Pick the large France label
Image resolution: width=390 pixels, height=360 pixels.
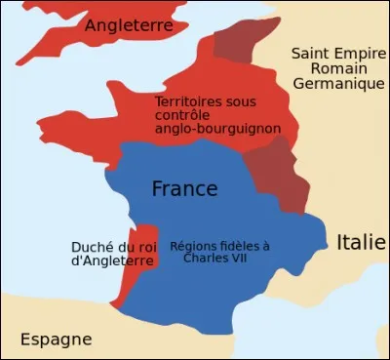pos(184,188)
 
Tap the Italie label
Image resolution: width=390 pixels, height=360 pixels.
pos(361,242)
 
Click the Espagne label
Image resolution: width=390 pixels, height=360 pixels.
pos(57,340)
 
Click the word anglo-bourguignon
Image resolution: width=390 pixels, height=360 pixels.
pos(213,129)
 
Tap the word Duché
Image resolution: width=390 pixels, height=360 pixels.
pos(91,247)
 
